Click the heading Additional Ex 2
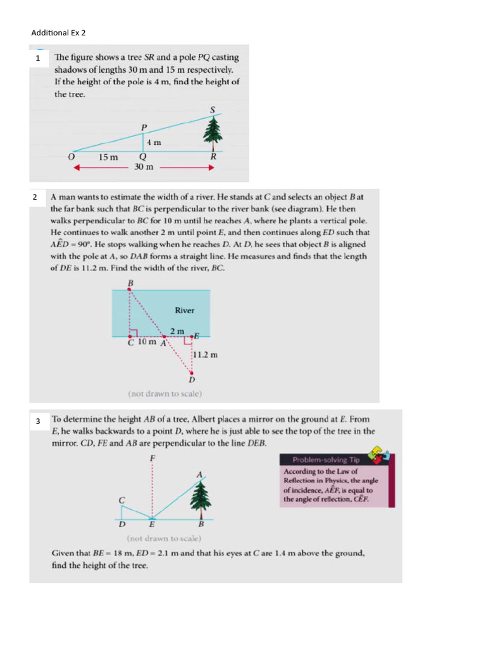coord(58,33)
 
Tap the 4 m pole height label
coord(154,142)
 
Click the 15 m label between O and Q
coord(108,157)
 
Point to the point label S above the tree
coord(213,110)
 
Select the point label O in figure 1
coord(72,157)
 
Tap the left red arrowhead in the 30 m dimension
coord(77,167)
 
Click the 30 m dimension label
coord(144,167)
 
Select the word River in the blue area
coord(184,310)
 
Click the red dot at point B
coord(129,289)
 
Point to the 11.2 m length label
coord(206,355)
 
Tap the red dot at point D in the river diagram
coord(191,373)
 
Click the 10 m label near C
coord(147,342)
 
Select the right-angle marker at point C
coord(134,332)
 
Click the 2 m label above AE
coord(177,331)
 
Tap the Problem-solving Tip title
coord(326,460)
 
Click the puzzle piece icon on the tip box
coord(380,455)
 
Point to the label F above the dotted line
coord(153,459)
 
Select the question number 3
coord(38,421)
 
